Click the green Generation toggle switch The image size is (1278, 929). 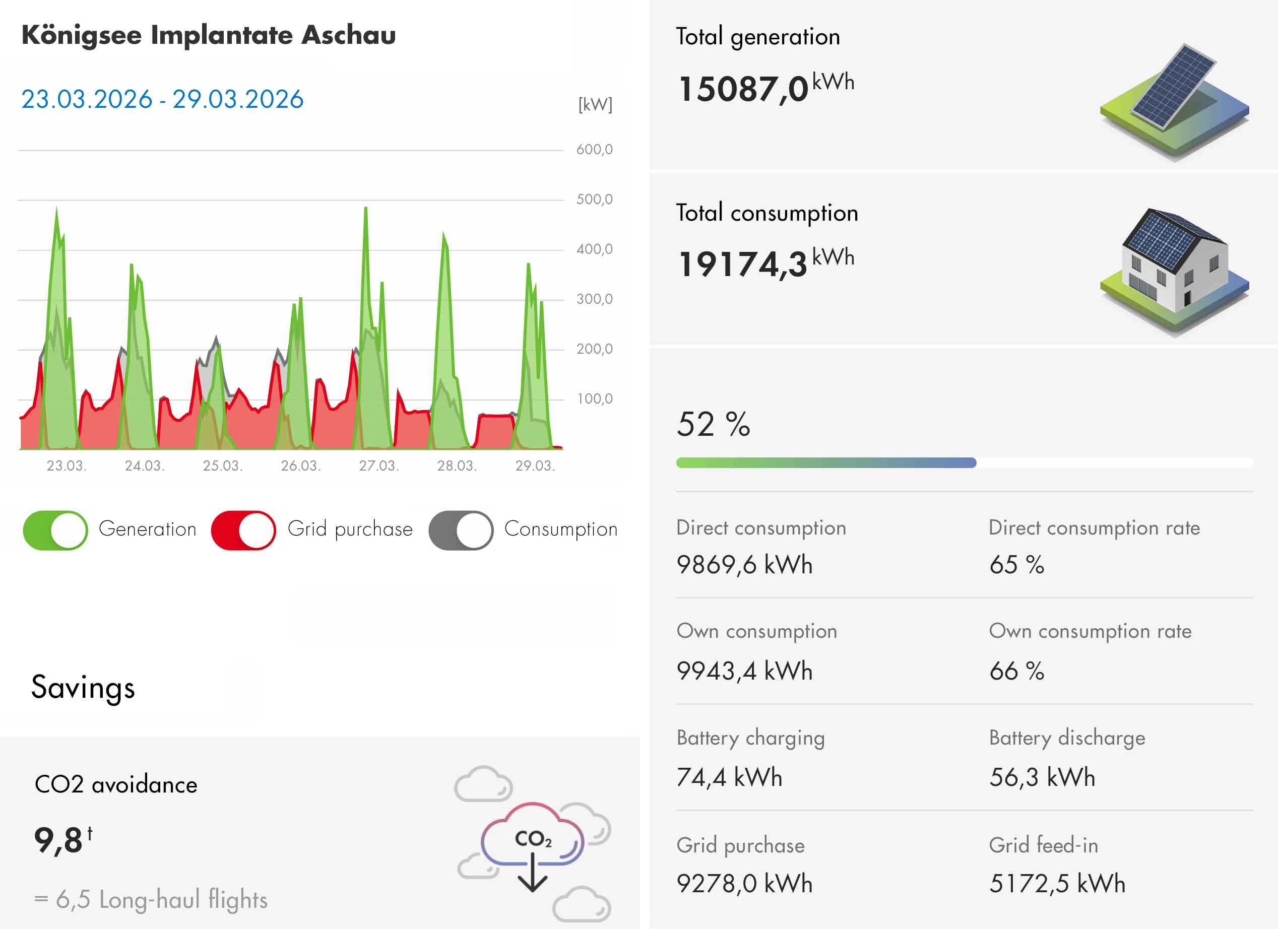[x=55, y=530]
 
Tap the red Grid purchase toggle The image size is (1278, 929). [x=243, y=530]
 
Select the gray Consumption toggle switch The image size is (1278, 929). [x=461, y=530]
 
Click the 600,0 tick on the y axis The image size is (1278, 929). [x=594, y=149]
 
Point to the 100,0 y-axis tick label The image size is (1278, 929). [x=594, y=399]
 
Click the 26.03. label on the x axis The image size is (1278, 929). [x=300, y=466]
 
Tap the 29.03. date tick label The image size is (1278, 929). [x=535, y=466]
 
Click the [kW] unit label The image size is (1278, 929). [x=595, y=104]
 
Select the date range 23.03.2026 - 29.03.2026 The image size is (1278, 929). [x=162, y=99]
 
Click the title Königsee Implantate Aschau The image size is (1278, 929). [x=209, y=35]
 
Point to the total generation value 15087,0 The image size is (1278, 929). [x=743, y=89]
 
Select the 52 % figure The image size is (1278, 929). [x=713, y=424]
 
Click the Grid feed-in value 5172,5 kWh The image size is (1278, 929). [x=1057, y=883]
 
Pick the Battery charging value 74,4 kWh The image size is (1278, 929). [x=729, y=777]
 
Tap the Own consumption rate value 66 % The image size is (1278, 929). [x=1016, y=671]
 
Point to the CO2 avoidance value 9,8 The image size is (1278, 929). [x=58, y=840]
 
